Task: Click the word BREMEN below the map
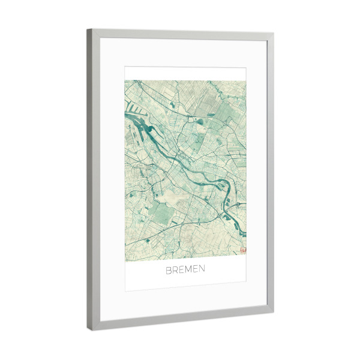(x=185, y=269)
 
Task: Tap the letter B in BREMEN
(x=168, y=269)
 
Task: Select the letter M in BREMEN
(x=185, y=269)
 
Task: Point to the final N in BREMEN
(x=202, y=269)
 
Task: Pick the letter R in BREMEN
(x=174, y=269)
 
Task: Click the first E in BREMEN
(x=179, y=269)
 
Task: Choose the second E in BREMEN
(x=194, y=269)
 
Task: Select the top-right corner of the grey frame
(x=274, y=34)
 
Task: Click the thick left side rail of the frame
(x=90, y=180)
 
